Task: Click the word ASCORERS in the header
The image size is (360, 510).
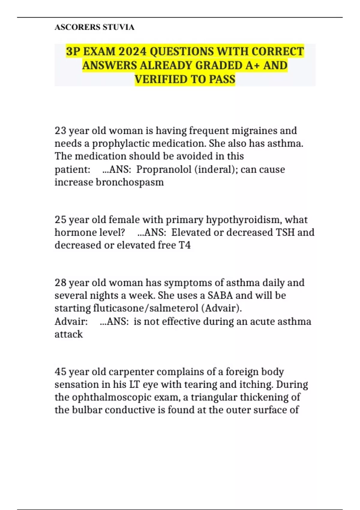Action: pyautogui.click(x=77, y=27)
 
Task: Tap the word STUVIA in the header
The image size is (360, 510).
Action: pyautogui.click(x=118, y=27)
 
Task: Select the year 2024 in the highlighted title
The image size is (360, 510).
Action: pyautogui.click(x=132, y=52)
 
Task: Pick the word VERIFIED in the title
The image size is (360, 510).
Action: pyautogui.click(x=159, y=79)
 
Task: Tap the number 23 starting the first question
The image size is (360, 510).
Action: pyautogui.click(x=60, y=131)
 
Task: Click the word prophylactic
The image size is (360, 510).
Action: pyautogui.click(x=121, y=144)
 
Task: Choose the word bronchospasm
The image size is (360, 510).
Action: pyautogui.click(x=130, y=182)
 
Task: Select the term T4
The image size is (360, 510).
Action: pyautogui.click(x=185, y=245)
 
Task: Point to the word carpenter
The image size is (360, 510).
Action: pyautogui.click(x=131, y=372)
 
